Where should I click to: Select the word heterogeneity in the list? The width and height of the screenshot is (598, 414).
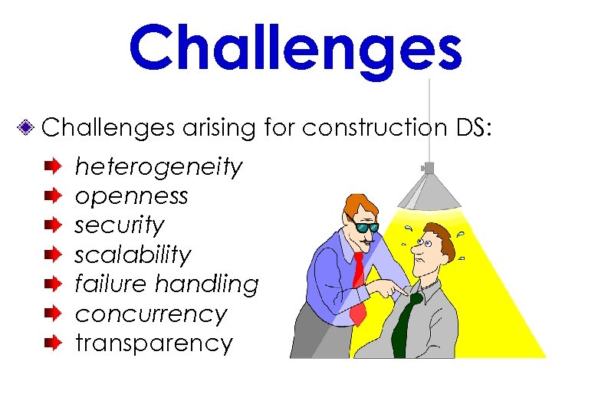coord(159,166)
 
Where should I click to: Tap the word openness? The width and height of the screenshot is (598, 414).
coord(131,196)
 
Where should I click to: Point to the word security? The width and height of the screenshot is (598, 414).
coord(120,225)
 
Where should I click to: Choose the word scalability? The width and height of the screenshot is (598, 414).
coord(133,255)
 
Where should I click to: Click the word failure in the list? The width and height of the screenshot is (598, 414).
coord(110,284)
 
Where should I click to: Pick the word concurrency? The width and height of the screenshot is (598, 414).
coord(151,314)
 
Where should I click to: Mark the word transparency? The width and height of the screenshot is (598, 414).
coord(153,343)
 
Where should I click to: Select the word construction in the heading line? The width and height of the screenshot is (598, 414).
coord(371,128)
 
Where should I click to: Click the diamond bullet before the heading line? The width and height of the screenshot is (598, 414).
coord(27,128)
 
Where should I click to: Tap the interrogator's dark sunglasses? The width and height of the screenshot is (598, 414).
coord(366,226)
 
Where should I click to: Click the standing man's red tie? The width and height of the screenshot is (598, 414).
coord(358,287)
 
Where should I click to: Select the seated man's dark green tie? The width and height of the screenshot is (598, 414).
coord(405,322)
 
